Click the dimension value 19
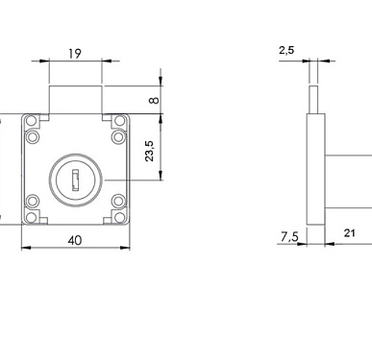[x=75, y=54]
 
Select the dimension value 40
[x=75, y=240]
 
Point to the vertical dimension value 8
[x=154, y=100]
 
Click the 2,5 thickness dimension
[x=286, y=50]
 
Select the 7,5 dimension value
[x=289, y=237]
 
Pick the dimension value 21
[x=349, y=233]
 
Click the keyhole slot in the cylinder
[x=75, y=180]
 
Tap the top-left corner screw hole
[x=32, y=121]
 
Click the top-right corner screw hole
[x=120, y=121]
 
